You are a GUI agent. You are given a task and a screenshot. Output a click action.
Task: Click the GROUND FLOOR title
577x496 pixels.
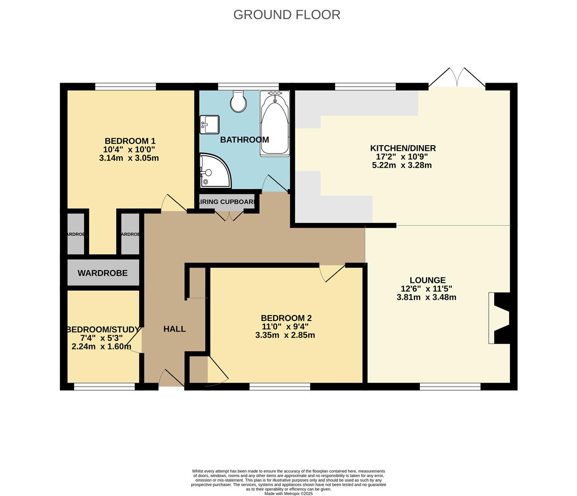click(287, 15)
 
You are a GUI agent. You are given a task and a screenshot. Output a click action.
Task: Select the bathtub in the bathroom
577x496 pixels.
click(274, 123)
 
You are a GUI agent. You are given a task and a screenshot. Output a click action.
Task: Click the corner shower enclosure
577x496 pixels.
click(214, 171)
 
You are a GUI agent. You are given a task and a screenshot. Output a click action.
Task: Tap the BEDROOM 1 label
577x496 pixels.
click(127, 141)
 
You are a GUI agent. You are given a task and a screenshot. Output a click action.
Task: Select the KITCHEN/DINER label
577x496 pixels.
click(403, 148)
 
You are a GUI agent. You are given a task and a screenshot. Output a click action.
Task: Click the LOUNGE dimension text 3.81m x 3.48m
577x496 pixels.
click(426, 297)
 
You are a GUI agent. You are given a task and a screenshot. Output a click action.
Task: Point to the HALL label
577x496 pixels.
click(175, 329)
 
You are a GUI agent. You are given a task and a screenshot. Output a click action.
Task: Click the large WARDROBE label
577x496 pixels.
click(103, 273)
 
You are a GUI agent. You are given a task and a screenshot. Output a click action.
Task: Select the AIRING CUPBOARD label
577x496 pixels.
click(226, 202)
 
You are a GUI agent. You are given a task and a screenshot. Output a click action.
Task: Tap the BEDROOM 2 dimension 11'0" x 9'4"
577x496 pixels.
click(285, 327)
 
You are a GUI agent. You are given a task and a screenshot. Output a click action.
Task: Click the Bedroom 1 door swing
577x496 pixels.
click(172, 203)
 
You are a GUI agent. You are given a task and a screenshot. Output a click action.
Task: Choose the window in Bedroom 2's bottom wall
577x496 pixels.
click(280, 387)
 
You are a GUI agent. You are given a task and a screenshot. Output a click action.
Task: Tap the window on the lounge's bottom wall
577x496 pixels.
click(450, 387)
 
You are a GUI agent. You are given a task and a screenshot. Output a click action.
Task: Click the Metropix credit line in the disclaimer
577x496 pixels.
click(288, 494)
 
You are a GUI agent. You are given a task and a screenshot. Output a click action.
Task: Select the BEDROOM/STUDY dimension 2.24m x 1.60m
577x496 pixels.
click(101, 346)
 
